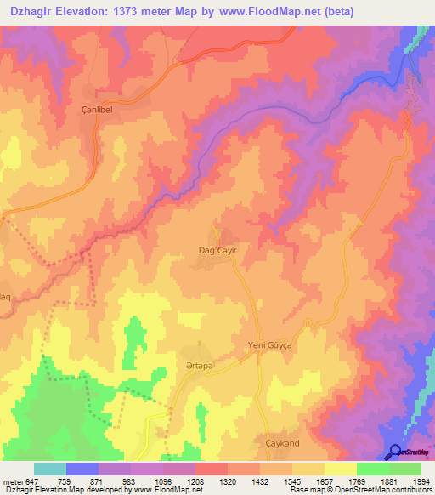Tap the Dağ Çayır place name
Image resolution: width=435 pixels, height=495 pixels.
214,251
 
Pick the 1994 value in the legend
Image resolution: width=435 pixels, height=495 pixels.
421,481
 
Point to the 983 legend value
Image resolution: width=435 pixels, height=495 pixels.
131,481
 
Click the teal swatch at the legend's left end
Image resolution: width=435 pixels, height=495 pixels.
50,469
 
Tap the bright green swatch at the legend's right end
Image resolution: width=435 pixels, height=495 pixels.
405,469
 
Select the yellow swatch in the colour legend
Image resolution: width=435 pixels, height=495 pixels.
341,469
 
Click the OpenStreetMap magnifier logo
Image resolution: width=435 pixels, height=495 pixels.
394,452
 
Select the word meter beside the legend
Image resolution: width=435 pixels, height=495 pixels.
13,481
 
